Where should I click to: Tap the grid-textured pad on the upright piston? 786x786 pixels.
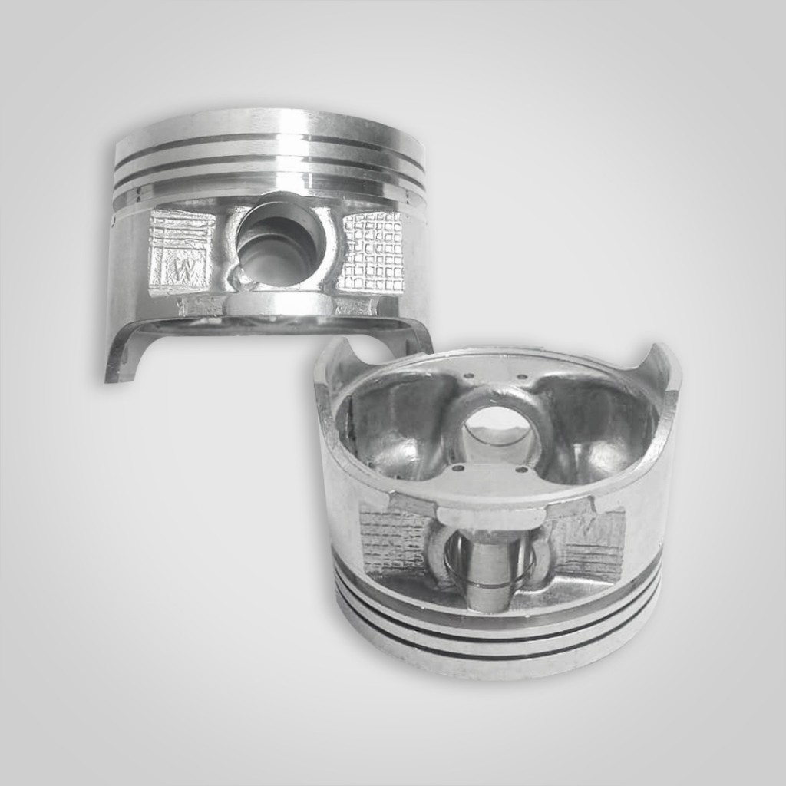373,251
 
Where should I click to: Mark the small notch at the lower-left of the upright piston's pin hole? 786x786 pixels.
244,282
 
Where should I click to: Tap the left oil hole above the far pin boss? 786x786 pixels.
467,376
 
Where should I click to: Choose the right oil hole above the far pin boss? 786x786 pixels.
522,377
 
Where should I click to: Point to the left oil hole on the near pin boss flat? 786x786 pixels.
459,467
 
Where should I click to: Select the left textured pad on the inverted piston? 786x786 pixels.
394,541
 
